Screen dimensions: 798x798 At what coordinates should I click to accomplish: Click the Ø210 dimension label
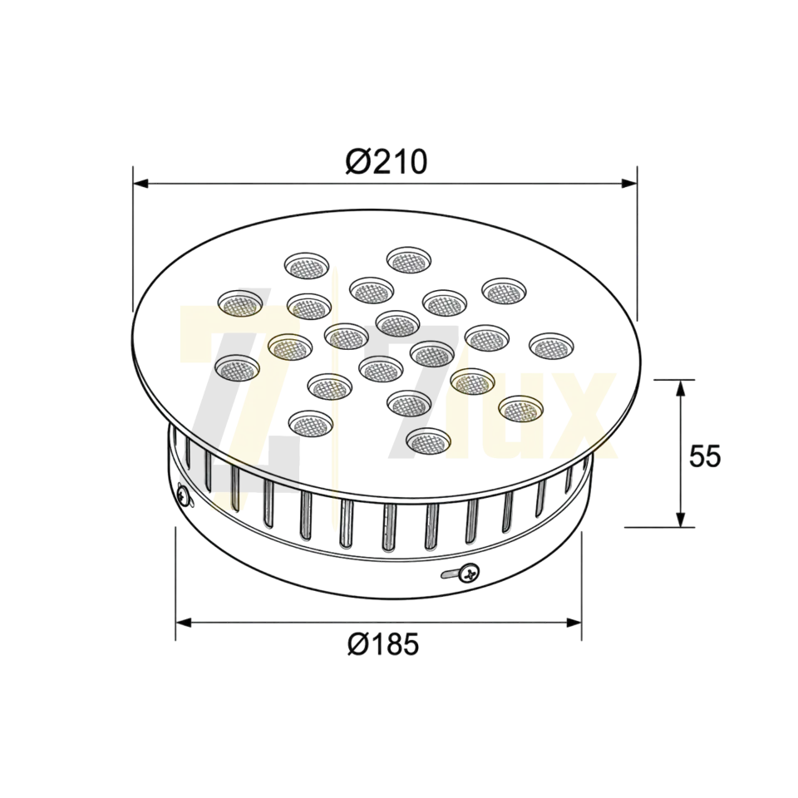pyautogui.click(x=387, y=162)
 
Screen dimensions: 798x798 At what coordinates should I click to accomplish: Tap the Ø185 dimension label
pyautogui.click(x=384, y=643)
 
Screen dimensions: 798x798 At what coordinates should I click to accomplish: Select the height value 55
pyautogui.click(x=705, y=456)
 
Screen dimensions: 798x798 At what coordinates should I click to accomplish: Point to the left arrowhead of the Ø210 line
pyautogui.click(x=141, y=183)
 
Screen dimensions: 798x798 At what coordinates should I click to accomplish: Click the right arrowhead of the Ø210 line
pyautogui.click(x=629, y=183)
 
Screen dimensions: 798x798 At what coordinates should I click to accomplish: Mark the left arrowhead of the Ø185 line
pyautogui.click(x=184, y=623)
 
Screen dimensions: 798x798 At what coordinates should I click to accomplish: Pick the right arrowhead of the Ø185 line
pyautogui.click(x=574, y=623)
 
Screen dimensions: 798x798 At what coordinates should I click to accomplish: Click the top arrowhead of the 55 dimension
pyautogui.click(x=680, y=388)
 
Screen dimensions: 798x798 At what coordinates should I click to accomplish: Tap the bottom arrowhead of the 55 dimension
pyautogui.click(x=680, y=519)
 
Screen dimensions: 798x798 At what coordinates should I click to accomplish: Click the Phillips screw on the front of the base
pyautogui.click(x=469, y=573)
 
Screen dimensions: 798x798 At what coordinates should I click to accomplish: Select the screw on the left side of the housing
pyautogui.click(x=183, y=495)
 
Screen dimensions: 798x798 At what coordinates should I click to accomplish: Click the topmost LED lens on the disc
pyautogui.click(x=409, y=260)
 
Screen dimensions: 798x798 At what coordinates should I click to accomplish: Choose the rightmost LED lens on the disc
pyautogui.click(x=552, y=346)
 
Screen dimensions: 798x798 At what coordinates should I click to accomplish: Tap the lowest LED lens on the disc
pyautogui.click(x=429, y=441)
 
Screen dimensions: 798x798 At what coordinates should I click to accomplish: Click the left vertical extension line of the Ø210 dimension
pyautogui.click(x=133, y=239)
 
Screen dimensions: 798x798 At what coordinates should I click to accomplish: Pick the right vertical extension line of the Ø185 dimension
pyautogui.click(x=582, y=585)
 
